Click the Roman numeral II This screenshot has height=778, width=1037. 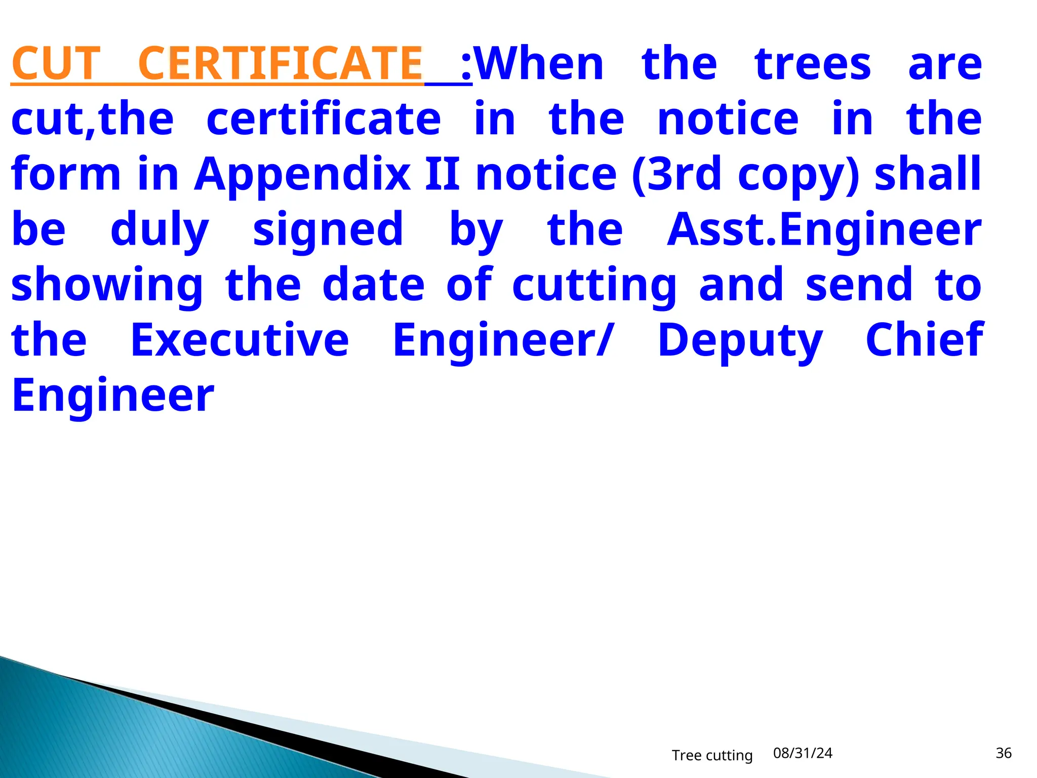pyautogui.click(x=443, y=174)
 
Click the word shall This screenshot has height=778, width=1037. pyautogui.click(x=928, y=174)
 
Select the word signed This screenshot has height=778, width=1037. pyautogui.click(x=328, y=231)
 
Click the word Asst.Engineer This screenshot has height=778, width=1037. pyautogui.click(x=824, y=231)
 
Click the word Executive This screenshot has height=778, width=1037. pyautogui.click(x=240, y=340)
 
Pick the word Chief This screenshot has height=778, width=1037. pyautogui.click(x=924, y=340)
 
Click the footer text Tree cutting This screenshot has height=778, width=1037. pyautogui.click(x=712, y=755)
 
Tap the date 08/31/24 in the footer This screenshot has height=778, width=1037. pyautogui.click(x=803, y=753)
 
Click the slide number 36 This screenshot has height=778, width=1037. pyautogui.click(x=1003, y=753)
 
